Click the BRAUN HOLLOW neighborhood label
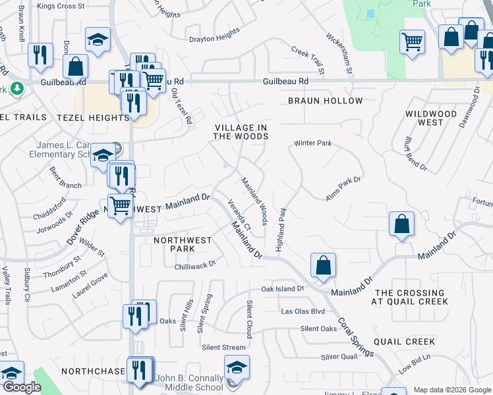click(325, 101)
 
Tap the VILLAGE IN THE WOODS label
click(241, 132)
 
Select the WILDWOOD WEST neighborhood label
click(430, 118)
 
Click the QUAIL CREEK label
click(404, 342)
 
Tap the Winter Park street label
click(312, 143)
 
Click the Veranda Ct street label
click(239, 214)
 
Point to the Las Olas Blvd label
click(303, 311)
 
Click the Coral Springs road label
click(355, 338)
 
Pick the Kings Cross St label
click(61, 6)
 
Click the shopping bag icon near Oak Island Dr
click(323, 266)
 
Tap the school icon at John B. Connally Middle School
click(237, 367)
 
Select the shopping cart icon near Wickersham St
click(412, 41)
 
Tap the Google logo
click(22, 387)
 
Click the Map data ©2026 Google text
click(451, 390)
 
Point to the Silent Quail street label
click(339, 356)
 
